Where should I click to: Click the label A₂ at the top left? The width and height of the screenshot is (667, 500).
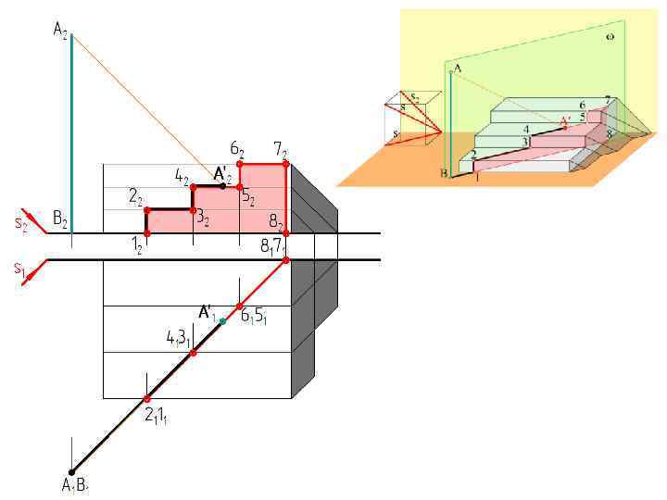point(60,31)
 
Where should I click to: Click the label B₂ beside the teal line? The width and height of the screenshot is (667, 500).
point(59,219)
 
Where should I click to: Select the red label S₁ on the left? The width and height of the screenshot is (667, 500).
point(19,269)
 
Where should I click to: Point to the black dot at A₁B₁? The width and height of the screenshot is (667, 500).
point(72,472)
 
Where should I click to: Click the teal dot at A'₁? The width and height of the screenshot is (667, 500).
point(222,321)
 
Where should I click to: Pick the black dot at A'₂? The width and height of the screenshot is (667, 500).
point(222,186)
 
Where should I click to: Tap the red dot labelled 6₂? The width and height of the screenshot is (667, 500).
point(240,164)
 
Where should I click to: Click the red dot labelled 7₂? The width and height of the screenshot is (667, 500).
point(285,164)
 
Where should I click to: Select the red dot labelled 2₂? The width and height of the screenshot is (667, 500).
point(147,210)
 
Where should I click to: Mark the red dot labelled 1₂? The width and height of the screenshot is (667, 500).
point(147,233)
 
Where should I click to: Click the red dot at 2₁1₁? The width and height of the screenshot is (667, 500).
point(147,399)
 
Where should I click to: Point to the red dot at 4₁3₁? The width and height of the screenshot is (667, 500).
point(193,353)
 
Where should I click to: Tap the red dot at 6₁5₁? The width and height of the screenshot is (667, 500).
point(239,306)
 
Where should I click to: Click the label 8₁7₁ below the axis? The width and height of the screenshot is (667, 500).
point(273,246)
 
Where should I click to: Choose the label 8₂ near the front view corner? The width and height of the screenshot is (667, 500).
point(275,222)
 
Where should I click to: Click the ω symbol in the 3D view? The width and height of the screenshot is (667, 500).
point(610,37)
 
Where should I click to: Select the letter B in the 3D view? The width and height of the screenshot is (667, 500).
point(444,173)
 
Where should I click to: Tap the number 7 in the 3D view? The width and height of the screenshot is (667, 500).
point(607,99)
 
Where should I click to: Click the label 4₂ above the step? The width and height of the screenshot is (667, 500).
point(181,174)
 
